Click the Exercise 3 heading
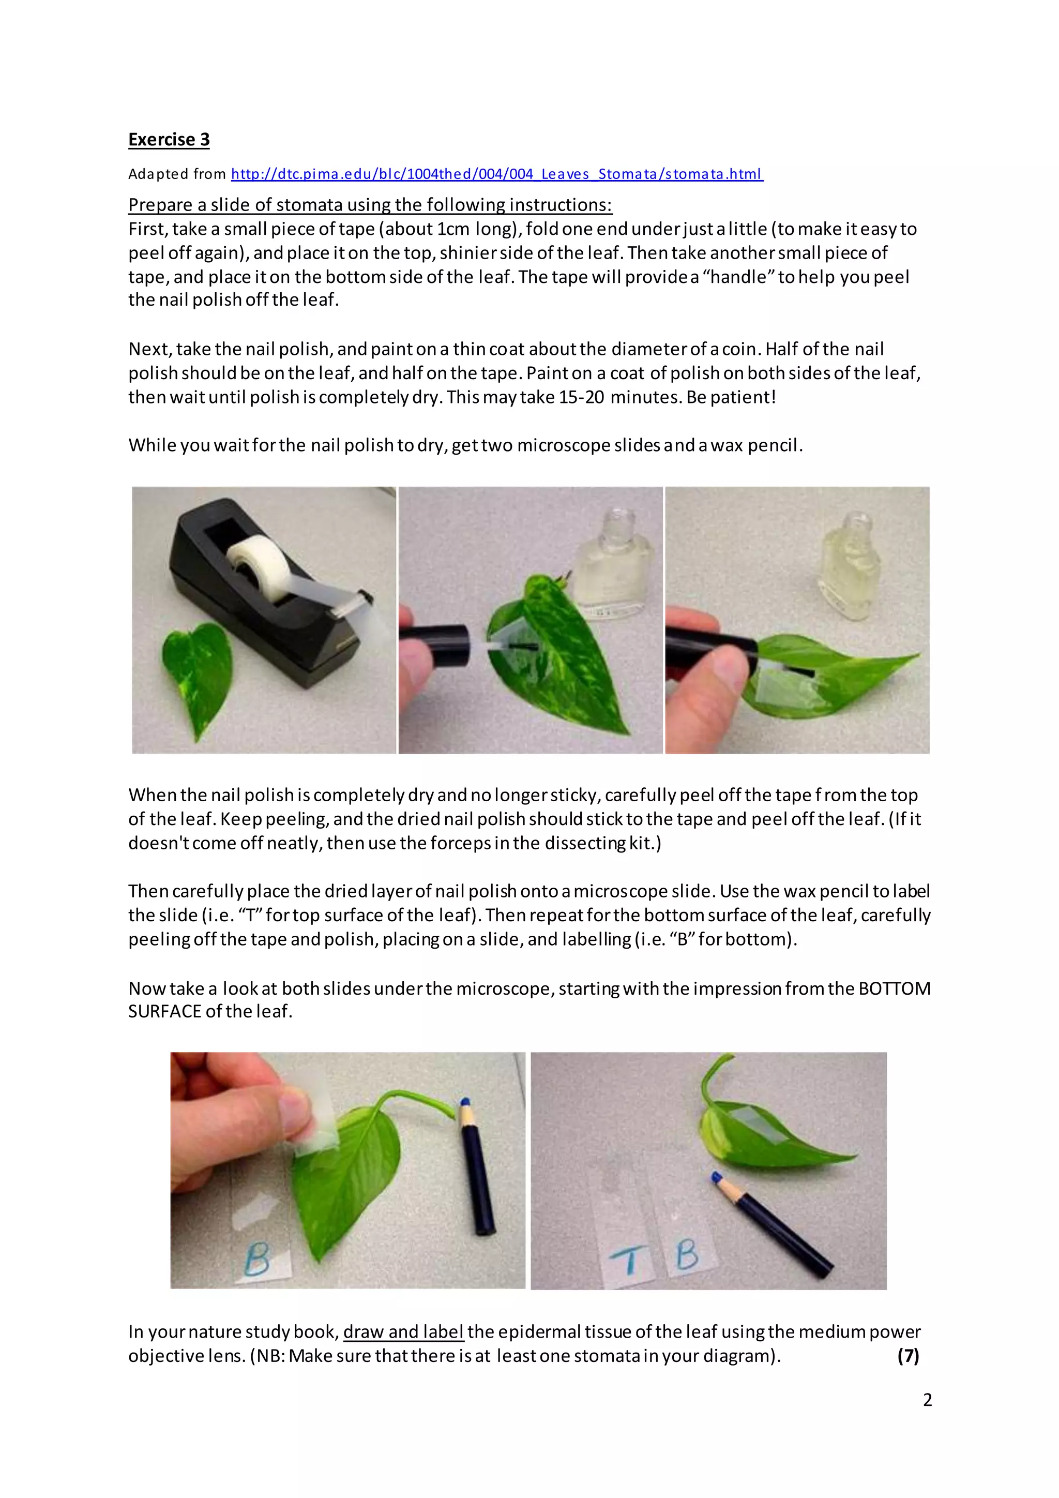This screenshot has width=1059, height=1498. pyautogui.click(x=169, y=140)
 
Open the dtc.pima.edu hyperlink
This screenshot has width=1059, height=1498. pyautogui.click(x=497, y=174)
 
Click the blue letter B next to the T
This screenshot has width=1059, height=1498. pyautogui.click(x=687, y=1253)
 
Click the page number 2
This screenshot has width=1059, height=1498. pyautogui.click(x=927, y=1400)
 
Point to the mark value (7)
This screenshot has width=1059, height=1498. pyautogui.click(x=907, y=1356)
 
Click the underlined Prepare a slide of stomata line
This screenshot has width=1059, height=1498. pyautogui.click(x=370, y=205)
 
